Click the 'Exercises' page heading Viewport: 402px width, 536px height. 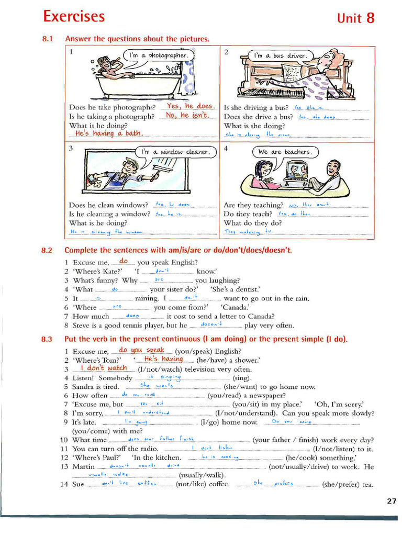(74, 16)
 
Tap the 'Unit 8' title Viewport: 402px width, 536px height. (355, 18)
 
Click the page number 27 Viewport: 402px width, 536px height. (392, 501)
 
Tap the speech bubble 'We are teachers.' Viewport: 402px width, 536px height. (285, 152)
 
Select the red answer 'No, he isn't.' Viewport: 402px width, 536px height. (187, 115)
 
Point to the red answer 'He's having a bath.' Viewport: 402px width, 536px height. (109, 133)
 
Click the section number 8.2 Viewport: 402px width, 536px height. (47, 250)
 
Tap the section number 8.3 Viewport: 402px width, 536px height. (47, 339)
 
